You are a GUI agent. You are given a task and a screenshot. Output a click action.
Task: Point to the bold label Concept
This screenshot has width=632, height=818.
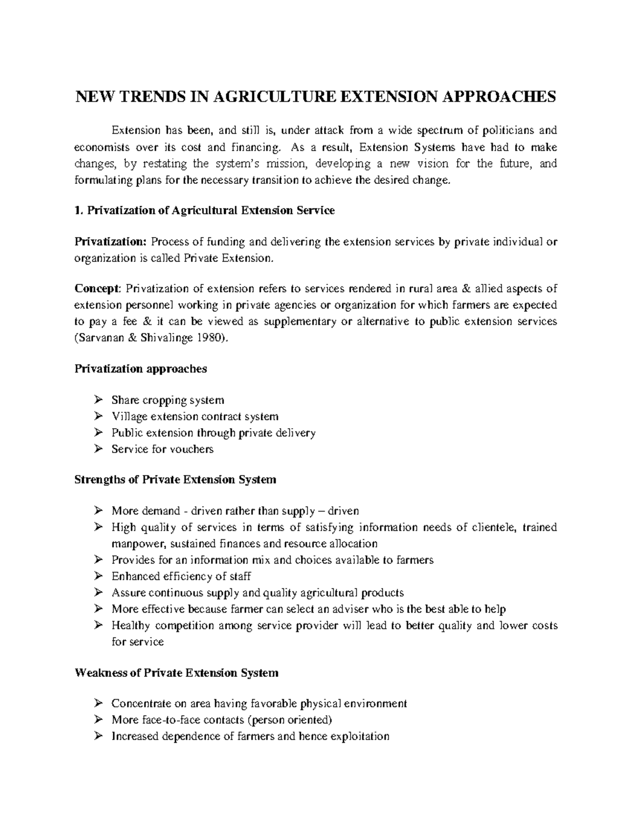(97, 289)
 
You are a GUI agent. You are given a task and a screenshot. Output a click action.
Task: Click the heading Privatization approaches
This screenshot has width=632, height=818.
(141, 369)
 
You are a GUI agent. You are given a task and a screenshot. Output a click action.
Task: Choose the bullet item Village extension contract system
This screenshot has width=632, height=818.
(195, 417)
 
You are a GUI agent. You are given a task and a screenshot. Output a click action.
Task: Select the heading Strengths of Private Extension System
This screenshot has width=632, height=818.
(175, 480)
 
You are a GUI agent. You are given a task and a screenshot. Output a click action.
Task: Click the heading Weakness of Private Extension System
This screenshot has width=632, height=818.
(176, 673)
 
